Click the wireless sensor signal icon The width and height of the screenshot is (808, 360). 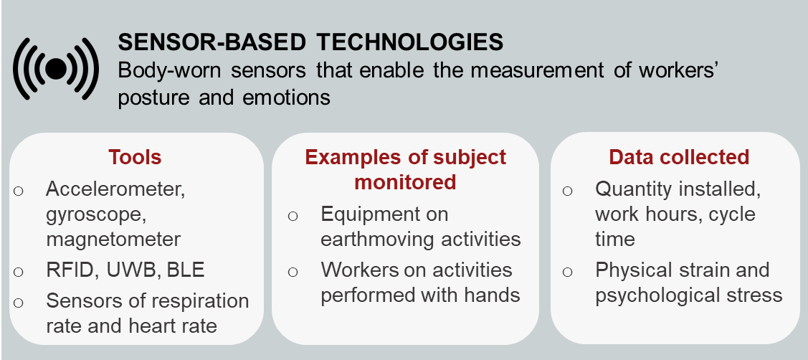click(56, 69)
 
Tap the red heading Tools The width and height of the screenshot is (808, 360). click(135, 157)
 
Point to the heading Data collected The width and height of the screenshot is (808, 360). click(679, 157)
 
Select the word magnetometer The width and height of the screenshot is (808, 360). click(113, 240)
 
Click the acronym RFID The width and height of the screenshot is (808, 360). click(70, 270)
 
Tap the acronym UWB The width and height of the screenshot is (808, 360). click(130, 270)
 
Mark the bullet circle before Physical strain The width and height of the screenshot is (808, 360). click(567, 271)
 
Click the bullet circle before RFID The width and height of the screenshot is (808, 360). click(18, 271)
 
